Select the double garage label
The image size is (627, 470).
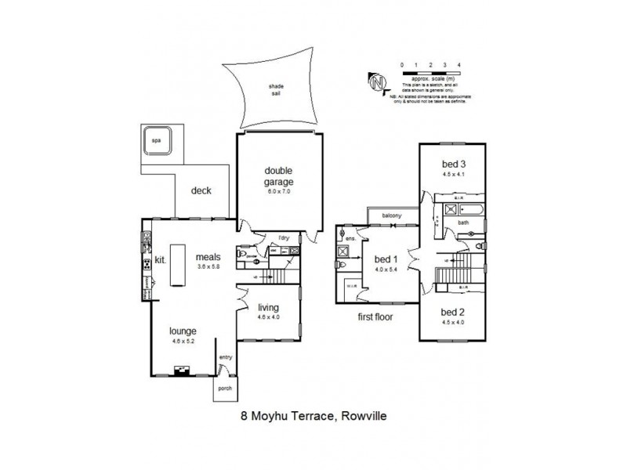pyautogui.click(x=277, y=175)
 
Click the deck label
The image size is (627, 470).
pyautogui.click(x=201, y=191)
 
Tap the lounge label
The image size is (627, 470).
pyautogui.click(x=180, y=331)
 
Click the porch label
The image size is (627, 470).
pyautogui.click(x=225, y=388)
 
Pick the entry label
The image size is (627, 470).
pyautogui.click(x=227, y=358)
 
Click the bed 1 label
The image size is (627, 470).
pyautogui.click(x=385, y=259)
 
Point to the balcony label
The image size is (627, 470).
pyautogui.click(x=393, y=215)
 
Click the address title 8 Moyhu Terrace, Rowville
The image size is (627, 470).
pyautogui.click(x=313, y=419)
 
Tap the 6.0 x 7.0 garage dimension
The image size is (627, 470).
pyautogui.click(x=277, y=191)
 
